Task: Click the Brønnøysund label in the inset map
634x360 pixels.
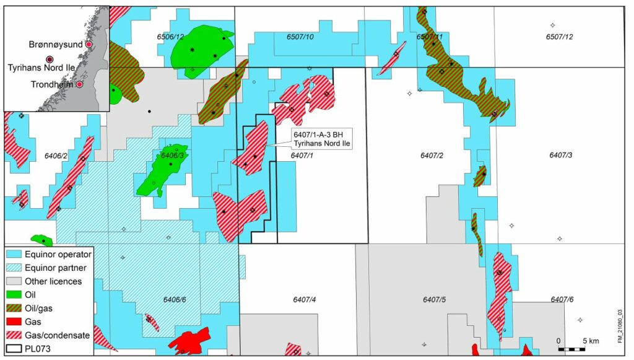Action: click(x=56, y=45)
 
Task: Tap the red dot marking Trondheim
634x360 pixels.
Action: click(x=80, y=84)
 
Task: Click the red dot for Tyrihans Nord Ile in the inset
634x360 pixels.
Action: click(x=50, y=59)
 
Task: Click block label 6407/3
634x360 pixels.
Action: click(x=559, y=155)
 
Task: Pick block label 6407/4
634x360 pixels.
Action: click(x=305, y=300)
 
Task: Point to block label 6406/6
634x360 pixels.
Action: click(x=175, y=300)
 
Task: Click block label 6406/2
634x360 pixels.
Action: click(x=56, y=155)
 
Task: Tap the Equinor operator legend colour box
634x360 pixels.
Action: click(x=15, y=254)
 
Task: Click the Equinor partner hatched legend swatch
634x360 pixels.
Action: click(x=15, y=268)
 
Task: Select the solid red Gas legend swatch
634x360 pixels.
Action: click(x=15, y=322)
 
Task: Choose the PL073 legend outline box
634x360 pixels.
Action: click(x=15, y=348)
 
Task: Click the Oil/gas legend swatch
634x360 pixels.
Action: click(x=15, y=308)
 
